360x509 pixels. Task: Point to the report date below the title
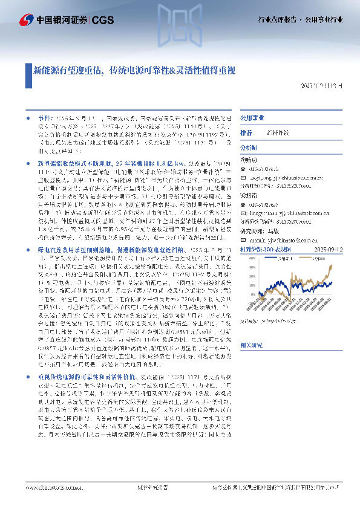[x=321, y=86]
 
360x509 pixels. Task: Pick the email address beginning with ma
[x=289, y=222]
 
